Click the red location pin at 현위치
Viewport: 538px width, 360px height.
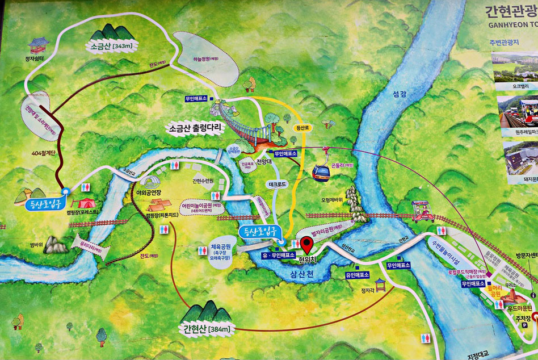pyautogui.click(x=306, y=245)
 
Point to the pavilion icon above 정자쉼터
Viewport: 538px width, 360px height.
pyautogui.click(x=39, y=45)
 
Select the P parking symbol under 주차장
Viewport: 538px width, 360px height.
pyautogui.click(x=526, y=326)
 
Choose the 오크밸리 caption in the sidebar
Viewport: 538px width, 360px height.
pyautogui.click(x=514, y=87)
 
